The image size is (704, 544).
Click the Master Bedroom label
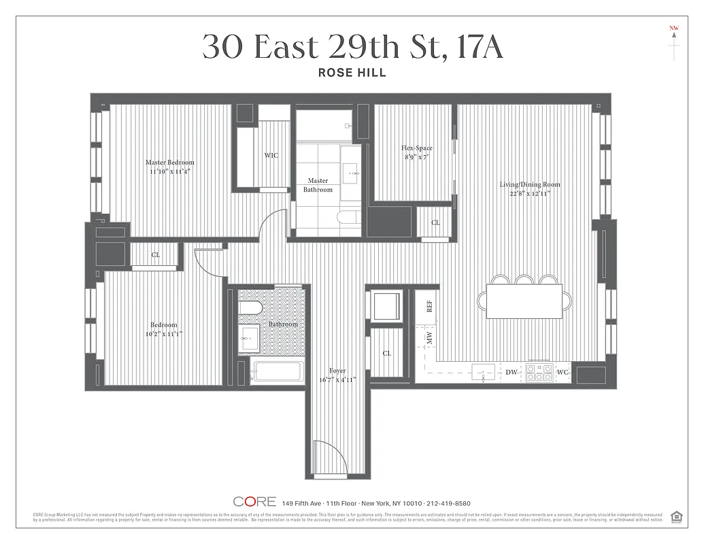pyautogui.click(x=169, y=163)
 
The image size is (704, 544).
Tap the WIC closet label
pyautogui.click(x=271, y=156)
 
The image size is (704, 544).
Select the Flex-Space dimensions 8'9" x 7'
pyautogui.click(x=416, y=157)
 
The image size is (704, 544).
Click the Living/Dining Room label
pyautogui.click(x=530, y=184)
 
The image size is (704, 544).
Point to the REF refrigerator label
pyautogui.click(x=429, y=307)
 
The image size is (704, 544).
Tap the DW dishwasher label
pyautogui.click(x=511, y=373)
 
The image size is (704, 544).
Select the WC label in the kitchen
pyautogui.click(x=562, y=373)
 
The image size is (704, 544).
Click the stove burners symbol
pyautogui.click(x=539, y=373)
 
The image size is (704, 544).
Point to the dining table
pyautogui.click(x=524, y=300)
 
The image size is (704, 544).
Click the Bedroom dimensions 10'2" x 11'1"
pyautogui.click(x=164, y=334)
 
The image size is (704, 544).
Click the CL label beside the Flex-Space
pyautogui.click(x=435, y=222)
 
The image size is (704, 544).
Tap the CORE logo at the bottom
pyautogui.click(x=254, y=502)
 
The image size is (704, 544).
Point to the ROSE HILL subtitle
pyautogui.click(x=352, y=73)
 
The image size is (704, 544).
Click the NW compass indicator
pyautogui.click(x=674, y=29)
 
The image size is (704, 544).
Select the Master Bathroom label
pyautogui.click(x=318, y=185)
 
